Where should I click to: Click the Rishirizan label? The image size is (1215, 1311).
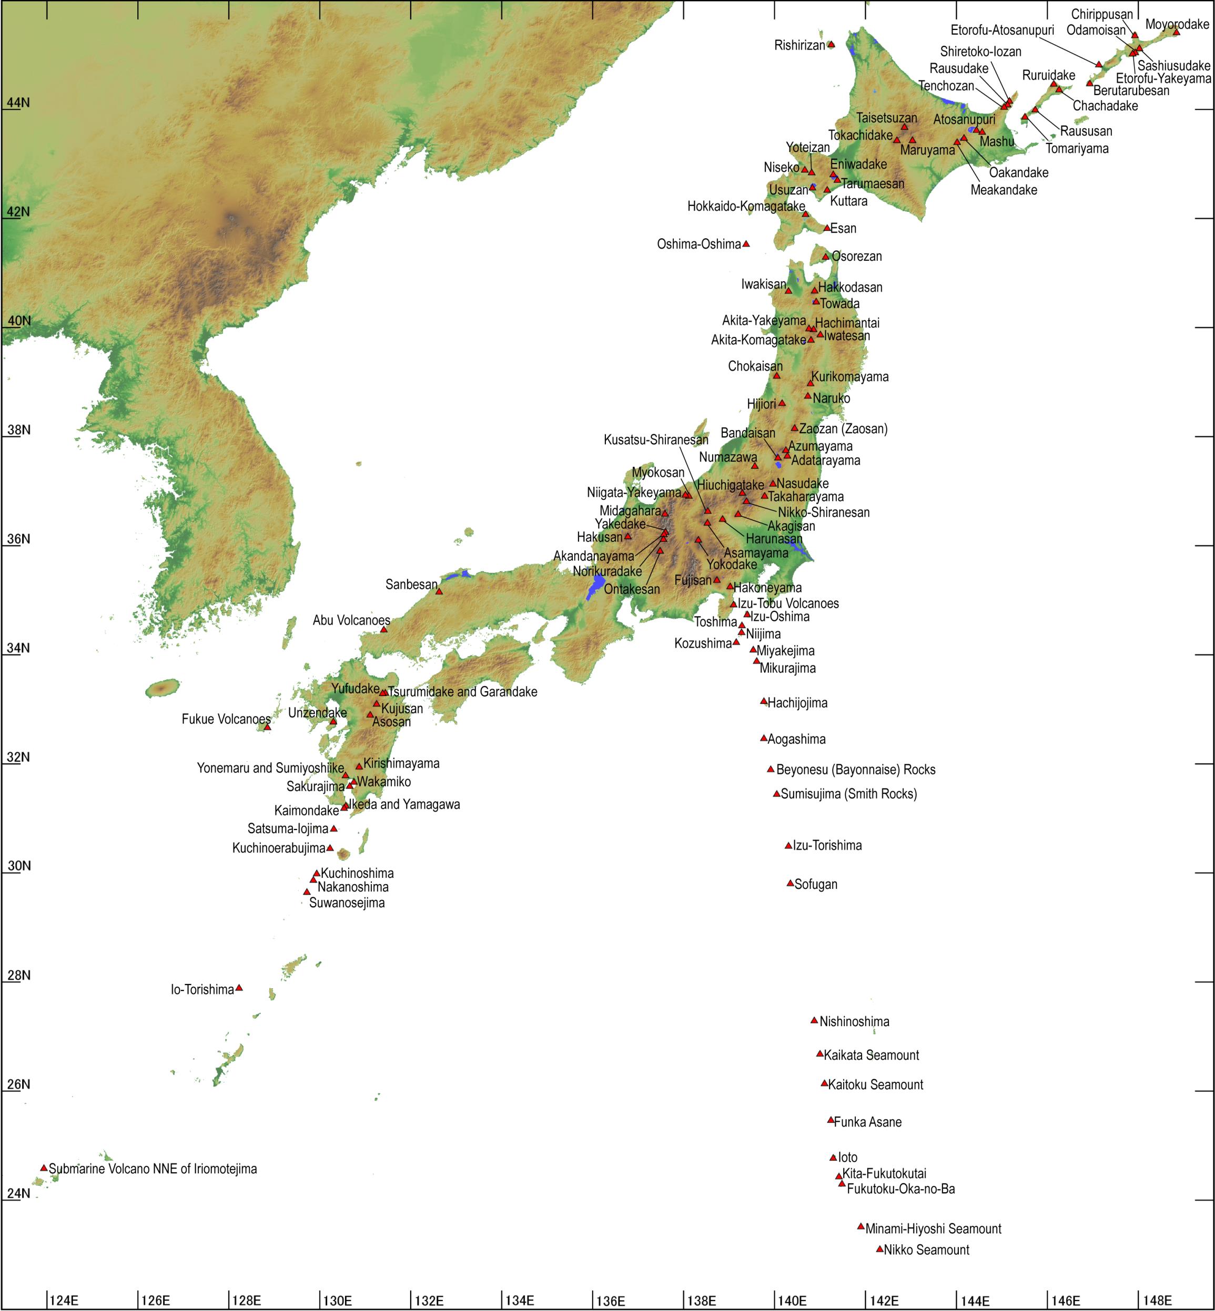click(799, 45)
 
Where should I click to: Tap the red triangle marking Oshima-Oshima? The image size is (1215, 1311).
click(746, 244)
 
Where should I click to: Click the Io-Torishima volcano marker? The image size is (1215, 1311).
click(239, 988)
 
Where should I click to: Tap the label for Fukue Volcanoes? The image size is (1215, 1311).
click(226, 720)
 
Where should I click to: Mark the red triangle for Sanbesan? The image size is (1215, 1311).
click(439, 591)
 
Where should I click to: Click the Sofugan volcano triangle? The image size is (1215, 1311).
click(790, 883)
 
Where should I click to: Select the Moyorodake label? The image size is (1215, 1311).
click(1177, 24)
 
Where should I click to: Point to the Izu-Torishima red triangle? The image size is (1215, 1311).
click(788, 846)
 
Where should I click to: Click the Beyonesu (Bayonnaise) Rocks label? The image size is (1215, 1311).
click(855, 770)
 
